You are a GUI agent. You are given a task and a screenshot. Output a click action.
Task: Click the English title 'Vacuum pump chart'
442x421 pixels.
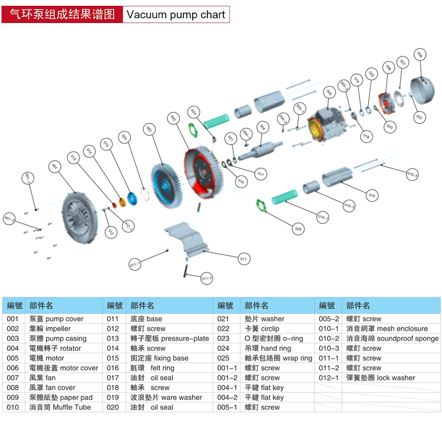click(176, 15)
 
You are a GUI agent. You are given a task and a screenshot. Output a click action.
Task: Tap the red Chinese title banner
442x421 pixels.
click(62, 15)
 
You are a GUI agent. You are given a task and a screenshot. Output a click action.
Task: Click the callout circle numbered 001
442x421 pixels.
click(54, 167)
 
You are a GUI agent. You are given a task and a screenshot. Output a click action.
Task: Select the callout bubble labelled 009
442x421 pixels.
click(298, 228)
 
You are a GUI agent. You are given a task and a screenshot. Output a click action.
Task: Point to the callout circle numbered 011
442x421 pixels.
click(243, 258)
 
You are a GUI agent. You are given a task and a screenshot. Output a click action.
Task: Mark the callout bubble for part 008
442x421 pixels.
click(420, 55)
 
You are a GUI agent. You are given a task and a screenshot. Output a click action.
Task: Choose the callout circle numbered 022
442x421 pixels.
click(419, 117)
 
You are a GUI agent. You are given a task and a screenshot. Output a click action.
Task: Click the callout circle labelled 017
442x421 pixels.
click(260, 174)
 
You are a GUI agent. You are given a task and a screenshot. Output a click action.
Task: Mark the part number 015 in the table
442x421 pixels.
click(113, 358)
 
